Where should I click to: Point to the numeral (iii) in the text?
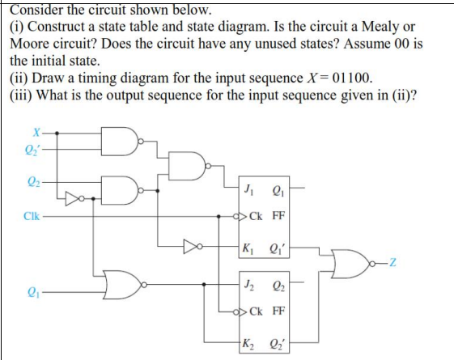21,95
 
